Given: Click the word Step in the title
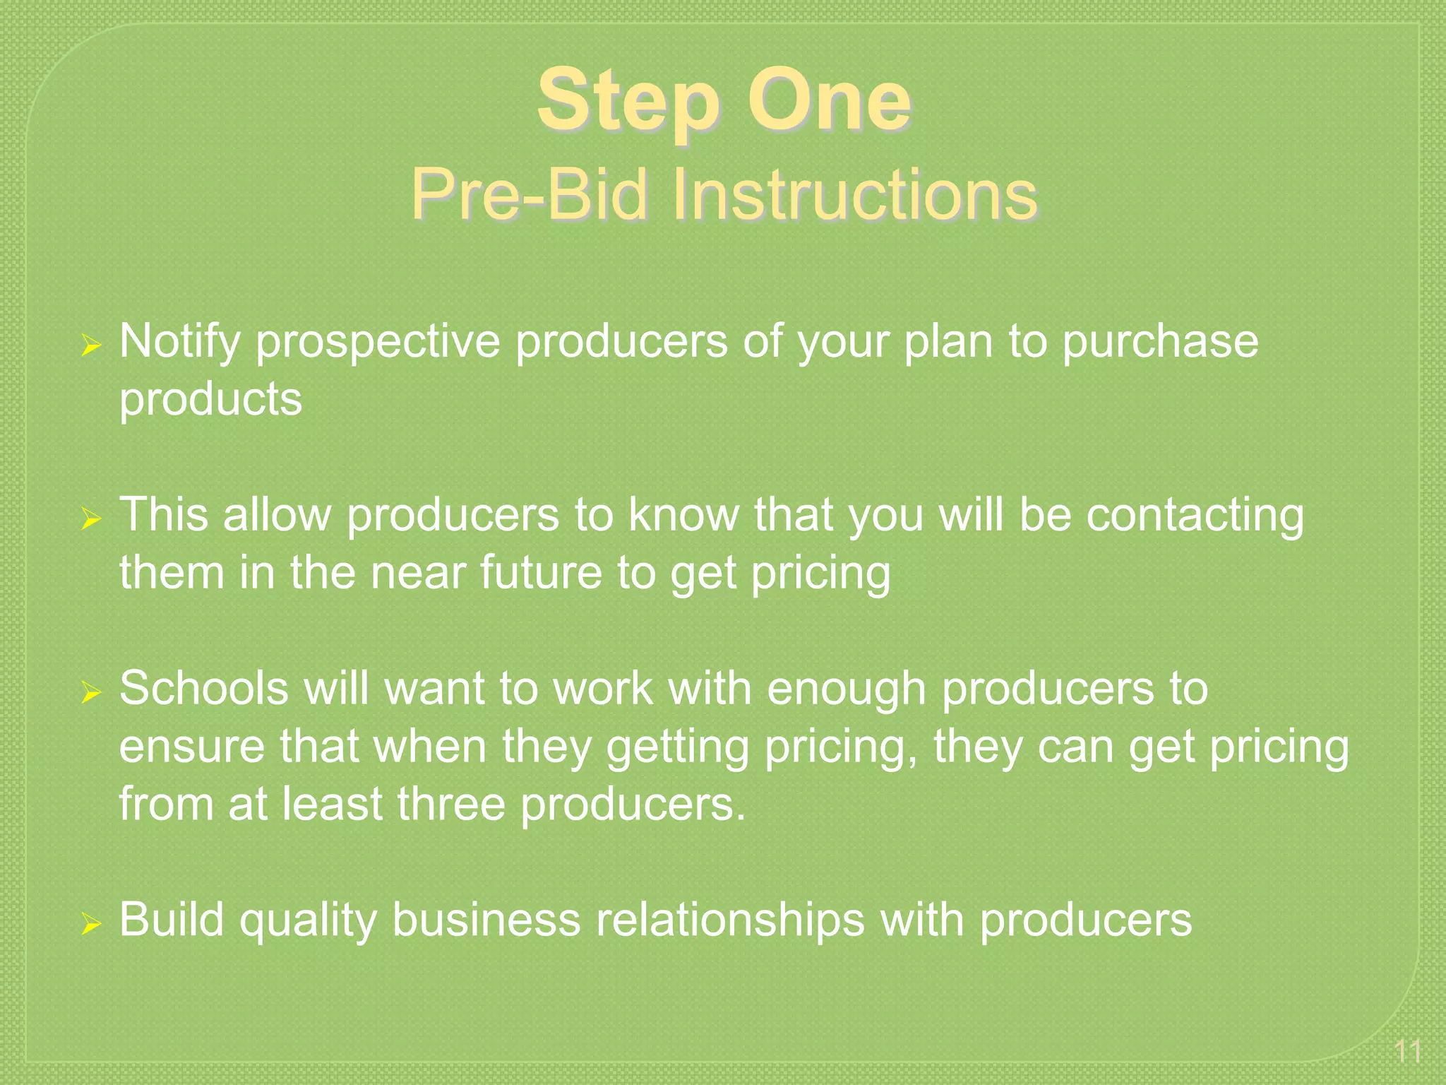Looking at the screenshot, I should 628,102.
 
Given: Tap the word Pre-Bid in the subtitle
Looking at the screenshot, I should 530,194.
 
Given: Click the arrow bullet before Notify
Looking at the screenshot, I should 91,346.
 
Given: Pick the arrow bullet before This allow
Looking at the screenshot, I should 91,520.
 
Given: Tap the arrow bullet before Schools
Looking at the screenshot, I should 91,693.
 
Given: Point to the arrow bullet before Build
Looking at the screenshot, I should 91,924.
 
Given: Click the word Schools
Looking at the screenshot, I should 204,688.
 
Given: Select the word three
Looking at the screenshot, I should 451,805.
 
